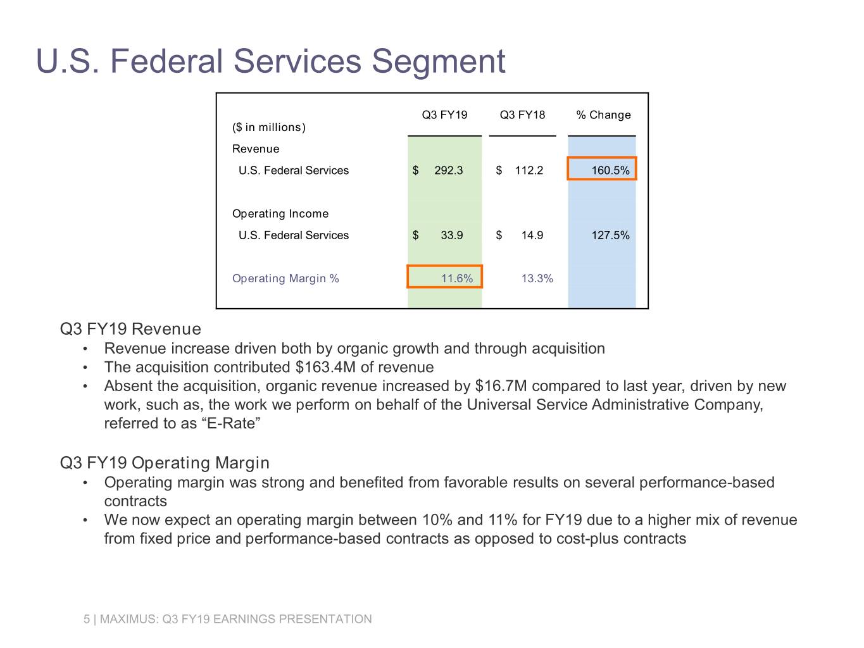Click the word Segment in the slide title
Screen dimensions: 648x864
coord(438,62)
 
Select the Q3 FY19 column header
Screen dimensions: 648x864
coord(444,115)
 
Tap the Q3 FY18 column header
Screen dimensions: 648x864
coord(522,115)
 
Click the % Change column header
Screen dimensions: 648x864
coord(603,115)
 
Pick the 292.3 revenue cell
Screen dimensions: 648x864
coord(448,171)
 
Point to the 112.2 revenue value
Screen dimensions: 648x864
coord(529,171)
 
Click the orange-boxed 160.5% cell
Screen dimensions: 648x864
coord(602,170)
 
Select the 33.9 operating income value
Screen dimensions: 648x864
coord(451,235)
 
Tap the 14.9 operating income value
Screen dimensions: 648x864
coord(532,235)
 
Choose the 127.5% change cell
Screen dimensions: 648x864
coord(610,235)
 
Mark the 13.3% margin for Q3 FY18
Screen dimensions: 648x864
coord(537,278)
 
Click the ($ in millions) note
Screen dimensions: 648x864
coord(269,127)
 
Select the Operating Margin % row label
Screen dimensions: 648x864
coord(285,278)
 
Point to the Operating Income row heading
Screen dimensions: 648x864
coord(280,214)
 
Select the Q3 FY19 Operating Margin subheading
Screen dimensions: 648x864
coord(165,463)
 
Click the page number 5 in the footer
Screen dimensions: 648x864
coord(87,620)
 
